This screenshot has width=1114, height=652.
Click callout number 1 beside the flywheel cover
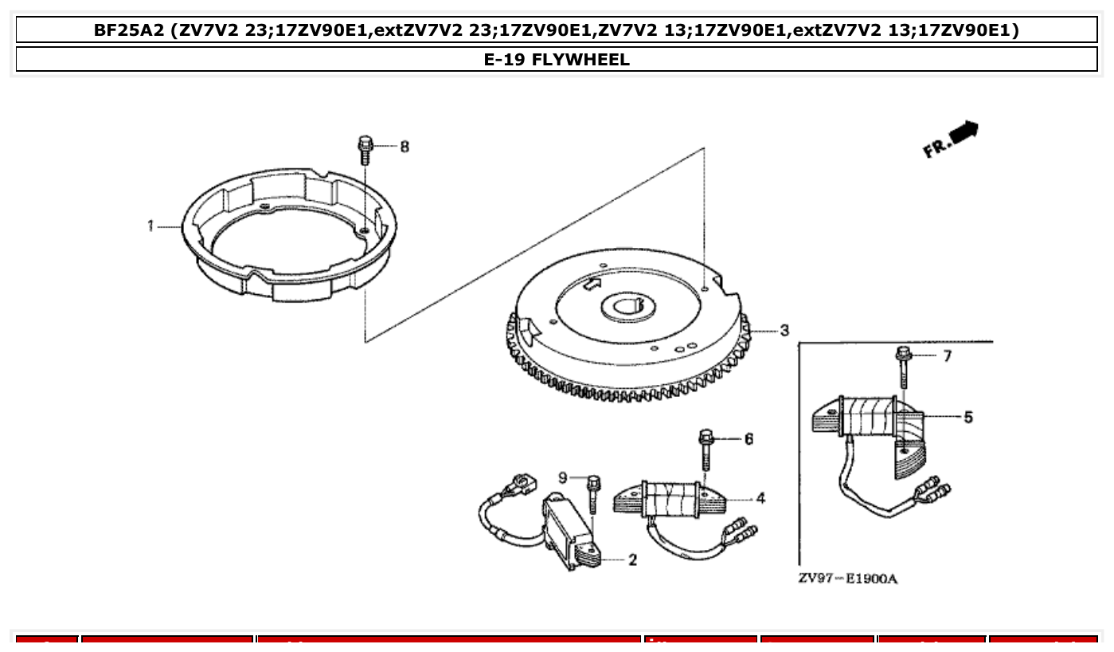pos(150,226)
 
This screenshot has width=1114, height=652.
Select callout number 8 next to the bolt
pos(405,147)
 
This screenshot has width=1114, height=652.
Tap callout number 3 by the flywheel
pos(784,330)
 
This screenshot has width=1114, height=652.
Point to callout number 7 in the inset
pos(947,355)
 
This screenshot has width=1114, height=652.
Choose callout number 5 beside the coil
pos(967,417)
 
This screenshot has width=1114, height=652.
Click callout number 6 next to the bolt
pos(749,439)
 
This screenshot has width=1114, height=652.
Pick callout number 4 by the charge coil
pos(760,499)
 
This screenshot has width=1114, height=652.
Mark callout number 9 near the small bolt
pos(562,477)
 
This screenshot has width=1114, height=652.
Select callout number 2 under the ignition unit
pos(632,560)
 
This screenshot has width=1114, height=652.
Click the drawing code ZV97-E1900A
pos(847,579)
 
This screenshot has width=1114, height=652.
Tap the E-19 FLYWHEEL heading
pos(557,59)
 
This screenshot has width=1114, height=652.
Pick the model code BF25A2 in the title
pos(129,31)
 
